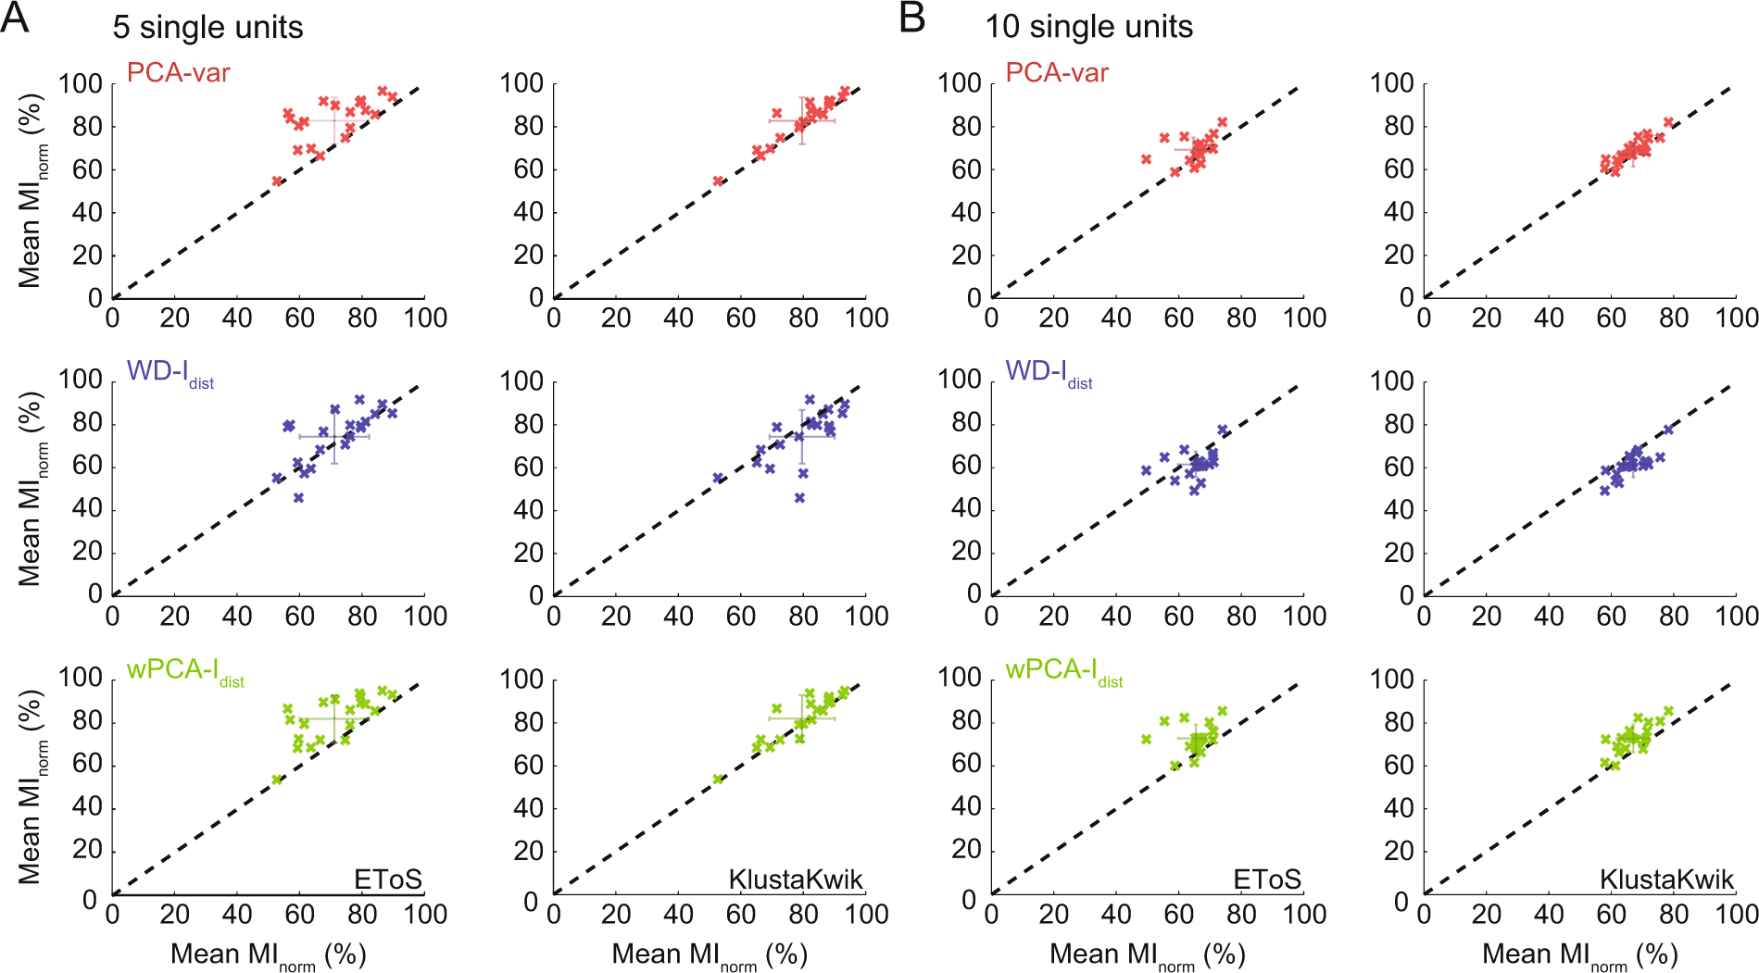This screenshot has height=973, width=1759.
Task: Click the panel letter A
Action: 15,18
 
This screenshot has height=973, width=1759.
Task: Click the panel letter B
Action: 911,18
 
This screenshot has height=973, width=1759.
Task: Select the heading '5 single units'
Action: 207,27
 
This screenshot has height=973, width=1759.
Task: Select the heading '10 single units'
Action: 1088,27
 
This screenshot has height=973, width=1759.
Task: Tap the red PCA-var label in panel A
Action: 178,72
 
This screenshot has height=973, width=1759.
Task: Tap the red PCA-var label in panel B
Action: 1057,72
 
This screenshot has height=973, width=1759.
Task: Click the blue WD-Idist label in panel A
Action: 170,372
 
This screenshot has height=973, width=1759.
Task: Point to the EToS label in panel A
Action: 387,879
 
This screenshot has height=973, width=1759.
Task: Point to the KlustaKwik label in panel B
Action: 1665,879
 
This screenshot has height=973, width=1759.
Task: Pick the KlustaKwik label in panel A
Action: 795,879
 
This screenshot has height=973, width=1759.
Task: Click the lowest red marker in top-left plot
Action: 276,181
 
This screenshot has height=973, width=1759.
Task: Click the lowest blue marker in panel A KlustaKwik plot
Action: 799,497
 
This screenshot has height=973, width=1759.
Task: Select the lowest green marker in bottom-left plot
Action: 276,780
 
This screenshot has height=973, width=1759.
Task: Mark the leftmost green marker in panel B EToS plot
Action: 1146,739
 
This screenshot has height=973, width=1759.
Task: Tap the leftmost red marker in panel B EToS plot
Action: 1146,159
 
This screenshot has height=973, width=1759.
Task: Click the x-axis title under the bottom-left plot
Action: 269,954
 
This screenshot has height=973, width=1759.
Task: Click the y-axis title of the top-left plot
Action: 31,190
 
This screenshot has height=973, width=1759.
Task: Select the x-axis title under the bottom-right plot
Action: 1580,954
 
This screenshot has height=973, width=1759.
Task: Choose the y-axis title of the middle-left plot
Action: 31,488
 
